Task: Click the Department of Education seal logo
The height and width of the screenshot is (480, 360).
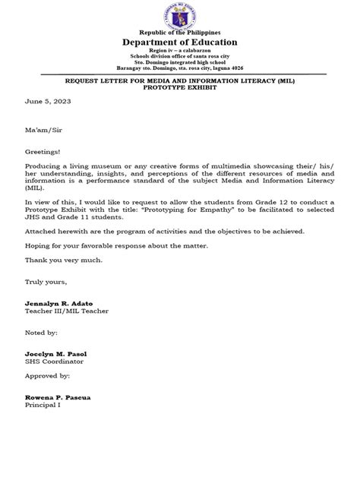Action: pyautogui.click(x=179, y=17)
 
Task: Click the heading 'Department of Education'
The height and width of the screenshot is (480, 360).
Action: pyautogui.click(x=180, y=43)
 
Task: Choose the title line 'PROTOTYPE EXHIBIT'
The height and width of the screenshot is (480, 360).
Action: pyautogui.click(x=180, y=86)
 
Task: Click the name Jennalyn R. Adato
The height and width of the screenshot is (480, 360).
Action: pyautogui.click(x=58, y=302)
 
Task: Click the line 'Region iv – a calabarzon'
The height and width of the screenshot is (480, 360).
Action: pyautogui.click(x=180, y=52)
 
